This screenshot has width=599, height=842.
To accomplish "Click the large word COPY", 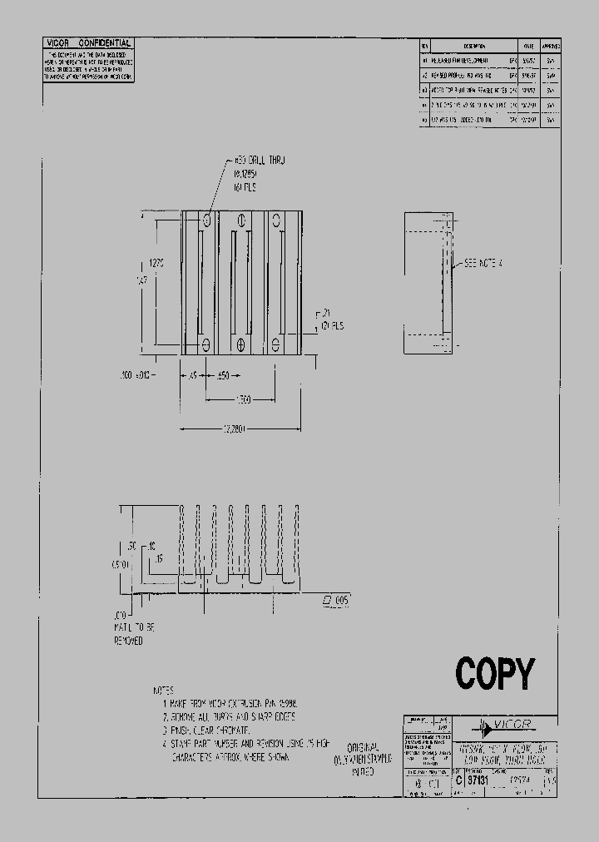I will click(x=494, y=673).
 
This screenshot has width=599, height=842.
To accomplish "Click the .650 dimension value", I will click(x=223, y=376).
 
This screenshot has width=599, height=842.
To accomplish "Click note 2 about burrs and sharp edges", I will click(x=229, y=716).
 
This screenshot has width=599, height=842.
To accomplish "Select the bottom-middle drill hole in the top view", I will click(x=241, y=344).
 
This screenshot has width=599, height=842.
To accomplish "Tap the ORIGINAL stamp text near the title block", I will click(x=362, y=747).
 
